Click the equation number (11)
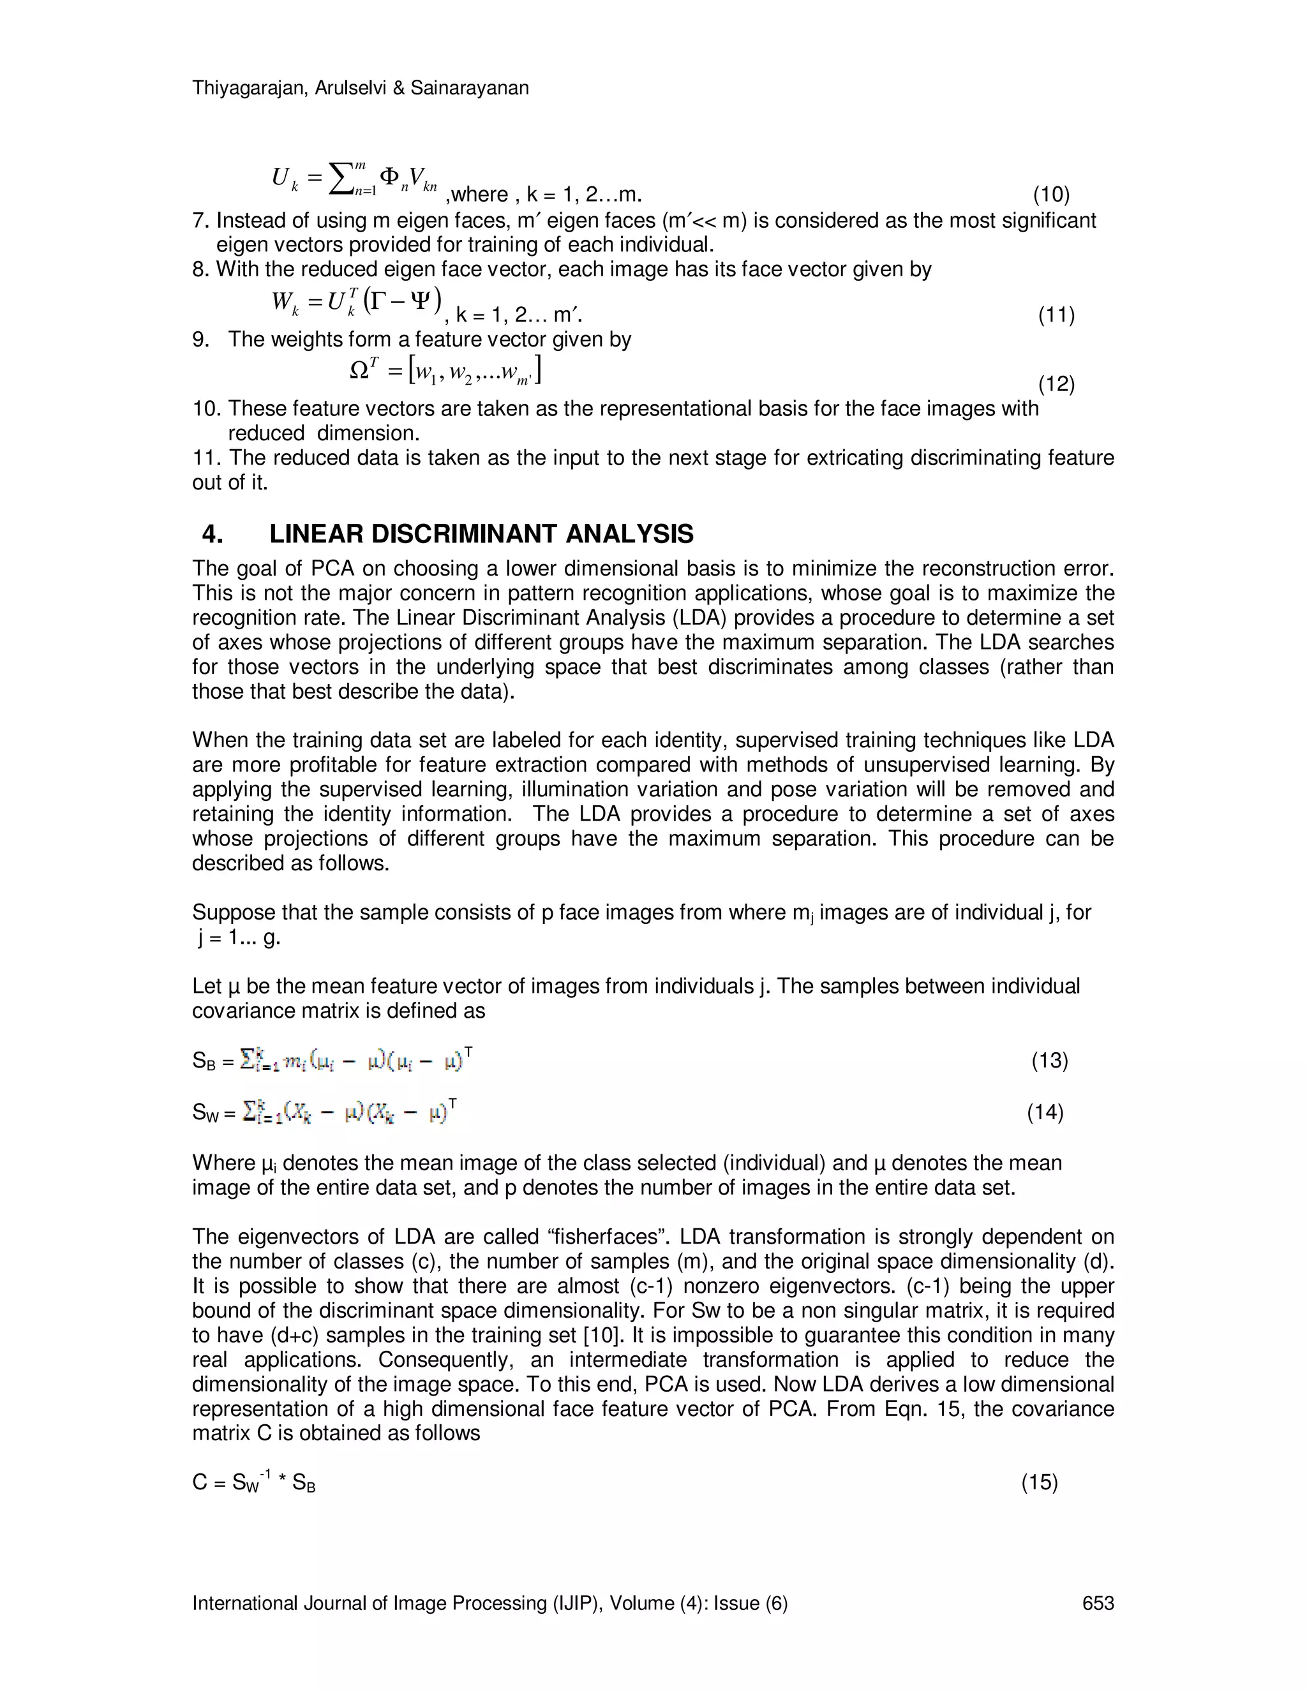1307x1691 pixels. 1056,315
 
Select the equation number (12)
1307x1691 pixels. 1056,384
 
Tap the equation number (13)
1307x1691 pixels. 1050,1060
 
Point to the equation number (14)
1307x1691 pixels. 1045,1113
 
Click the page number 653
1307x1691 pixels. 1098,1603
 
